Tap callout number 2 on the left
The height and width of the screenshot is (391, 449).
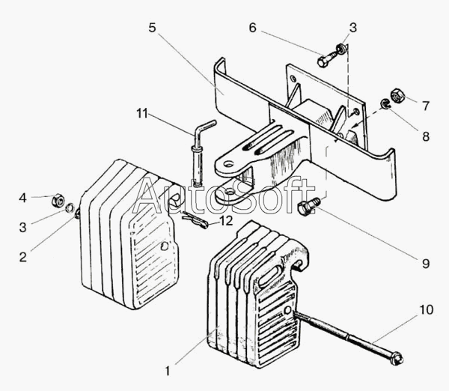23,257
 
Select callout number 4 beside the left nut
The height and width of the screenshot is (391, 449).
23,198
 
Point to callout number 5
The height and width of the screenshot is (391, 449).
152,28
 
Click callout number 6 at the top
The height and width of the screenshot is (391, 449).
252,28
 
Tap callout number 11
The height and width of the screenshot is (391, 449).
142,114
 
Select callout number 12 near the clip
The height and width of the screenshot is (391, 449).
225,222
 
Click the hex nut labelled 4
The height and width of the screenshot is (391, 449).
57,201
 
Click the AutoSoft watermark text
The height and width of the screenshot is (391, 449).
224,196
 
